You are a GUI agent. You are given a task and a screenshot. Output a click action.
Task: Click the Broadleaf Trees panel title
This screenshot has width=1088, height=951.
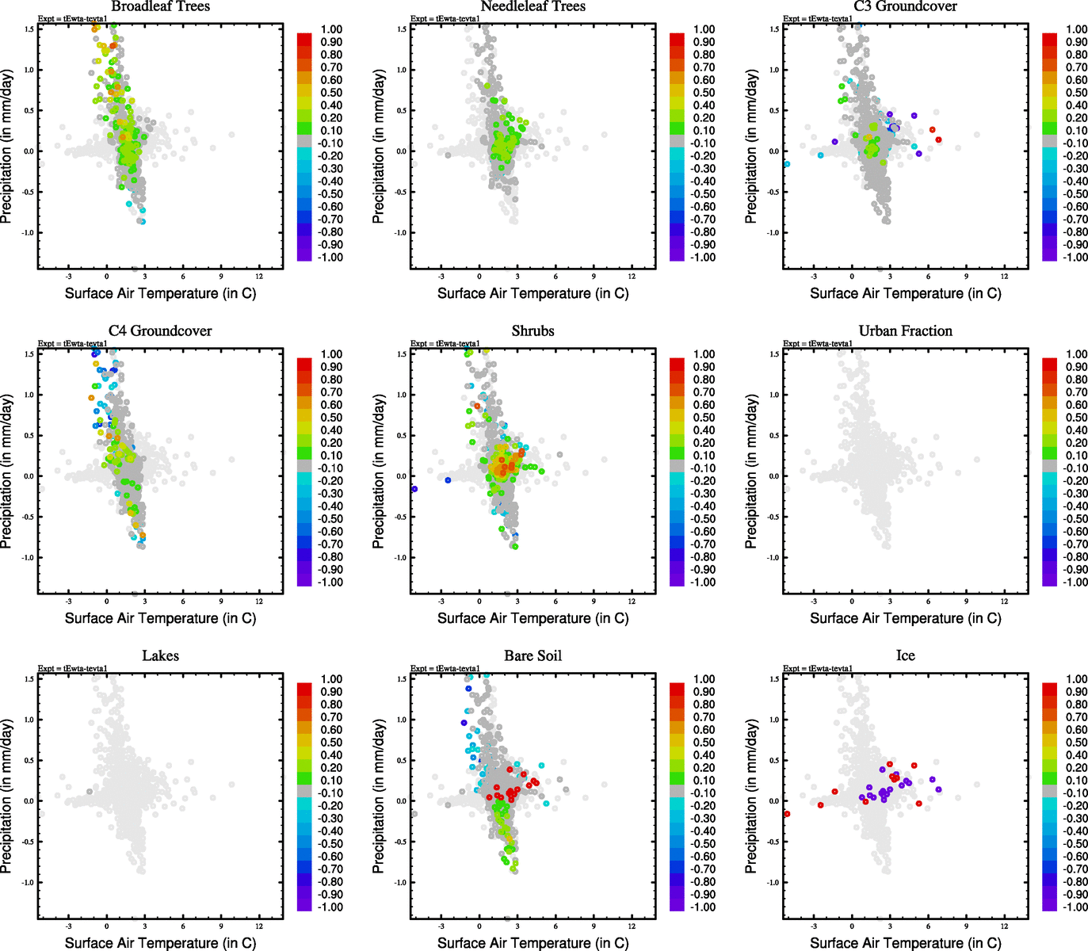pos(160,6)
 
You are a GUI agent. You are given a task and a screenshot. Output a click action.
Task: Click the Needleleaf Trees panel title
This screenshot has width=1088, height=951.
pos(533,6)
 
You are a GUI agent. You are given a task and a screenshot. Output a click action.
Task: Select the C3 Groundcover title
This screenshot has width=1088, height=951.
pos(905,6)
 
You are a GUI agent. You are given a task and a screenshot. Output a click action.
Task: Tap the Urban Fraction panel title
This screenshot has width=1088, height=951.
pos(905,331)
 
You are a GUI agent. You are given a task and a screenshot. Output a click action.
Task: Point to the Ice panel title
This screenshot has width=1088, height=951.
pos(905,656)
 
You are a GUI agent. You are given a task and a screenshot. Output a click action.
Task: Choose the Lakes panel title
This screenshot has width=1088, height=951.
pos(160,656)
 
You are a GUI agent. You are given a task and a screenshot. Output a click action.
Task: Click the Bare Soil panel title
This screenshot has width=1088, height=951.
pos(533,656)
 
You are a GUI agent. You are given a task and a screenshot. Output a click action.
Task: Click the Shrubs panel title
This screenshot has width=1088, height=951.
pos(533,331)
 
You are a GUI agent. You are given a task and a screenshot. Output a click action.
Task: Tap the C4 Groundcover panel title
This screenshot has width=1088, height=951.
pos(160,331)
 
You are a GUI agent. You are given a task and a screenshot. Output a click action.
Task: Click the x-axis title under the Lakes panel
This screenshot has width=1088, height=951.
pos(160,943)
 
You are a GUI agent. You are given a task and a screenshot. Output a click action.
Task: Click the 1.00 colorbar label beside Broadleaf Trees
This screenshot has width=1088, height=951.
pos(331,29)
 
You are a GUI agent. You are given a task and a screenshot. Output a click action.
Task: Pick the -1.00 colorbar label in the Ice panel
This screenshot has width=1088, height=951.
pos(1075,907)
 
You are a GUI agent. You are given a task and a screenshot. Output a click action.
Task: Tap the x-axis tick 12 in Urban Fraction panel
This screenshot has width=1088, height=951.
pos(1005,602)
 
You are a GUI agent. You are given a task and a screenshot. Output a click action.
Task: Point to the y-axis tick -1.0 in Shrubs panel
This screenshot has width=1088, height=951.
pos(401,558)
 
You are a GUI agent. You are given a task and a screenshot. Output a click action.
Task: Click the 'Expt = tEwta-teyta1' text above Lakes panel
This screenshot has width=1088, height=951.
pos(73,669)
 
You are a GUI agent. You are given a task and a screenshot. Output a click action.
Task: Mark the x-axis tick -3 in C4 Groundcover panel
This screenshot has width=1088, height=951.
pos(69,602)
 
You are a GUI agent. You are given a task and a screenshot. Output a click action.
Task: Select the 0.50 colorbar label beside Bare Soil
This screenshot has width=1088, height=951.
pos(704,743)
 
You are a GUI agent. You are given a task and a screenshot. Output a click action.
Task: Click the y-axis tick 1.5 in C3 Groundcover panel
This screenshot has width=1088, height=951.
pos(774,29)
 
